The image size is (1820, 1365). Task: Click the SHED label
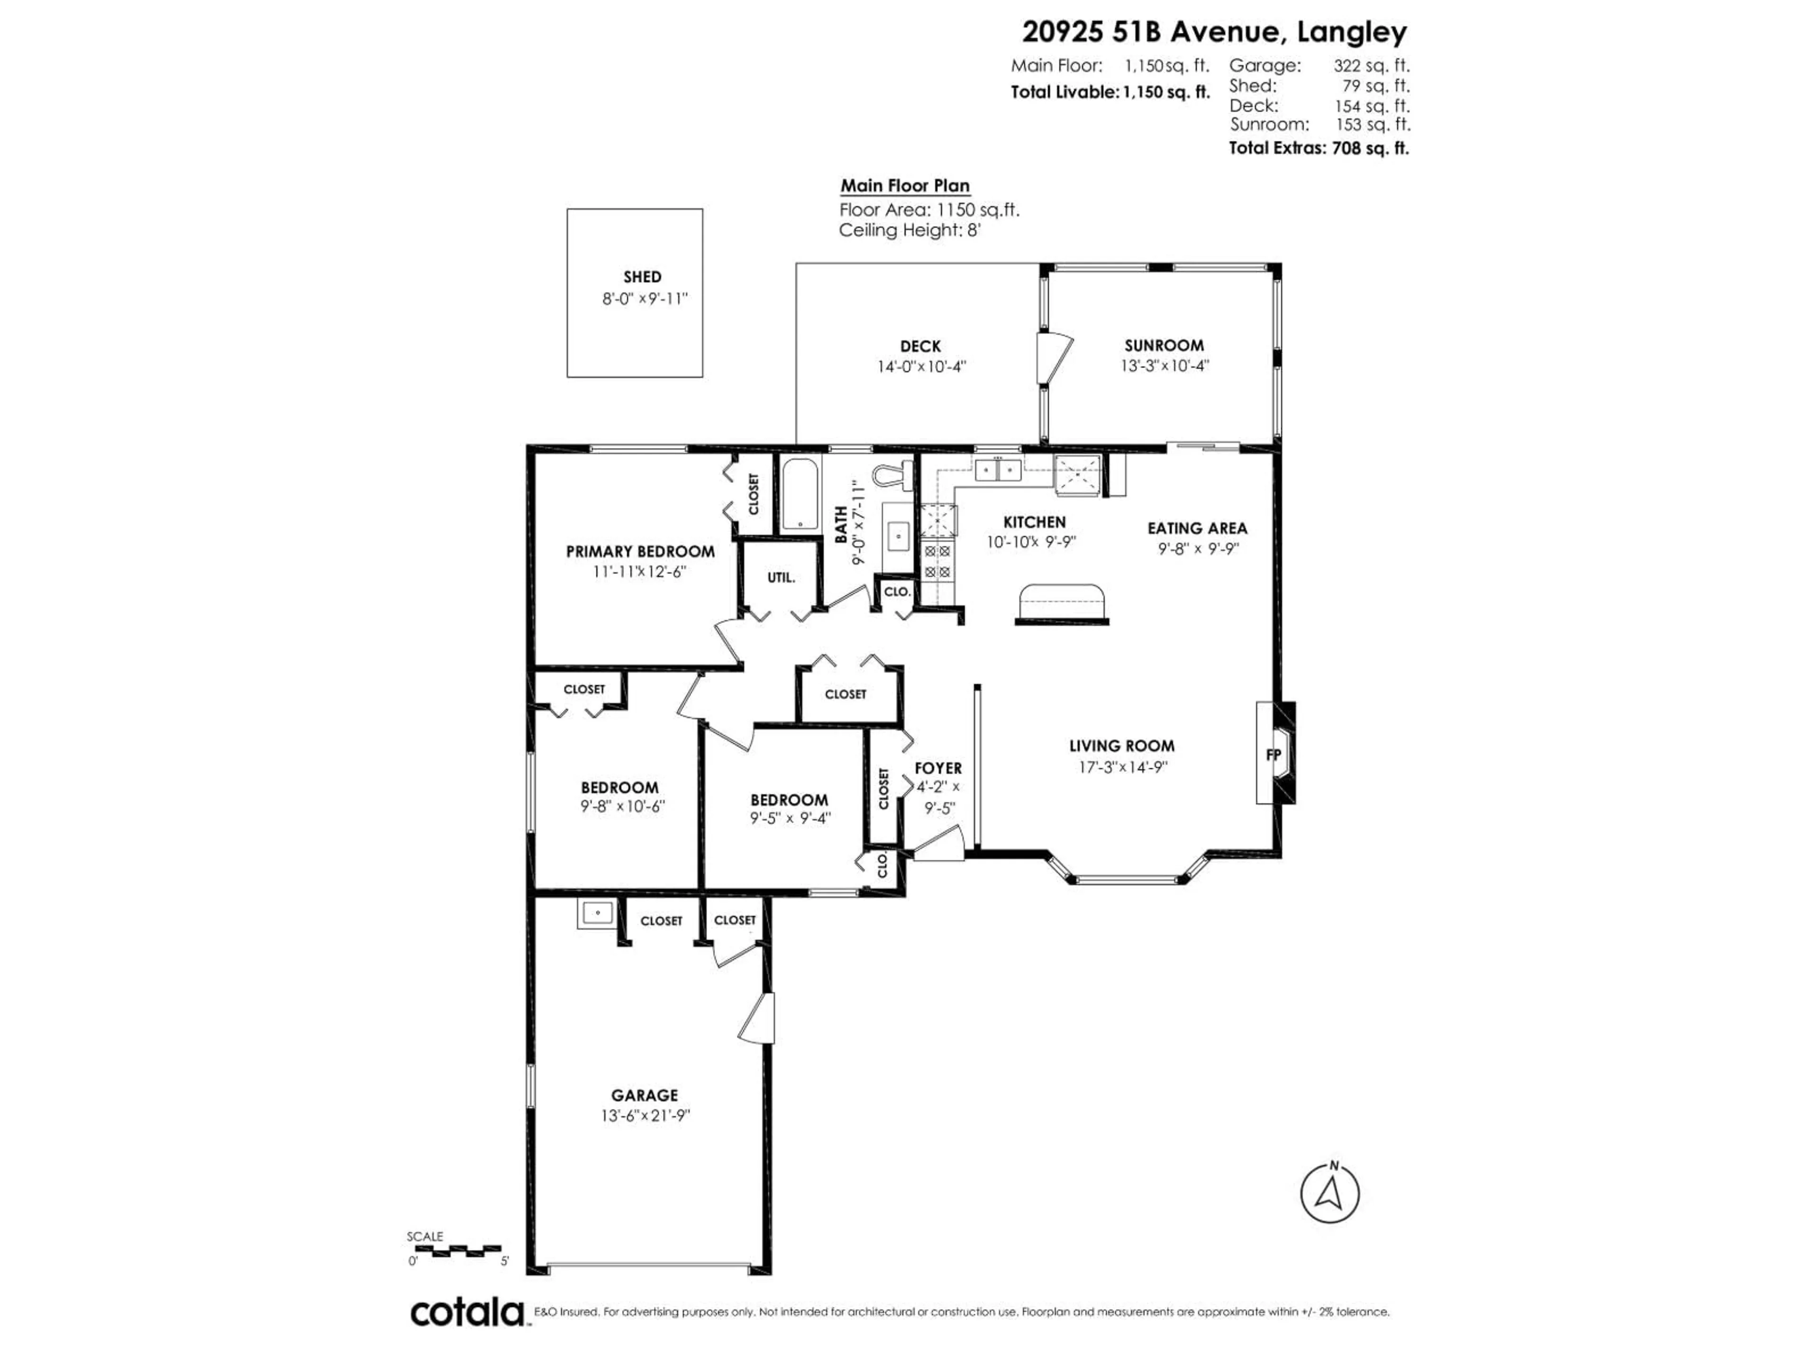pyautogui.click(x=642, y=277)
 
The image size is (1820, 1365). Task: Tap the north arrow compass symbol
pyautogui.click(x=1329, y=1194)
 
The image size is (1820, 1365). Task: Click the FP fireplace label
pyautogui.click(x=1273, y=754)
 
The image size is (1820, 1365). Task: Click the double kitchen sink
pyautogui.click(x=998, y=470)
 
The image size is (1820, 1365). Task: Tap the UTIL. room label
pyautogui.click(x=781, y=578)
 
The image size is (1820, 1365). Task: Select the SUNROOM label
pyautogui.click(x=1164, y=346)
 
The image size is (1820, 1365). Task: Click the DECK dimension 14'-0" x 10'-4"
pyautogui.click(x=921, y=367)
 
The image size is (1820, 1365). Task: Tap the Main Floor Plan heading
pyautogui.click(x=904, y=186)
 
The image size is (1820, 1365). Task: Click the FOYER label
pyautogui.click(x=938, y=768)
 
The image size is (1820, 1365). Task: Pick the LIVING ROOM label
pyautogui.click(x=1121, y=746)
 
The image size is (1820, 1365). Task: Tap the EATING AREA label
pyautogui.click(x=1197, y=528)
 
